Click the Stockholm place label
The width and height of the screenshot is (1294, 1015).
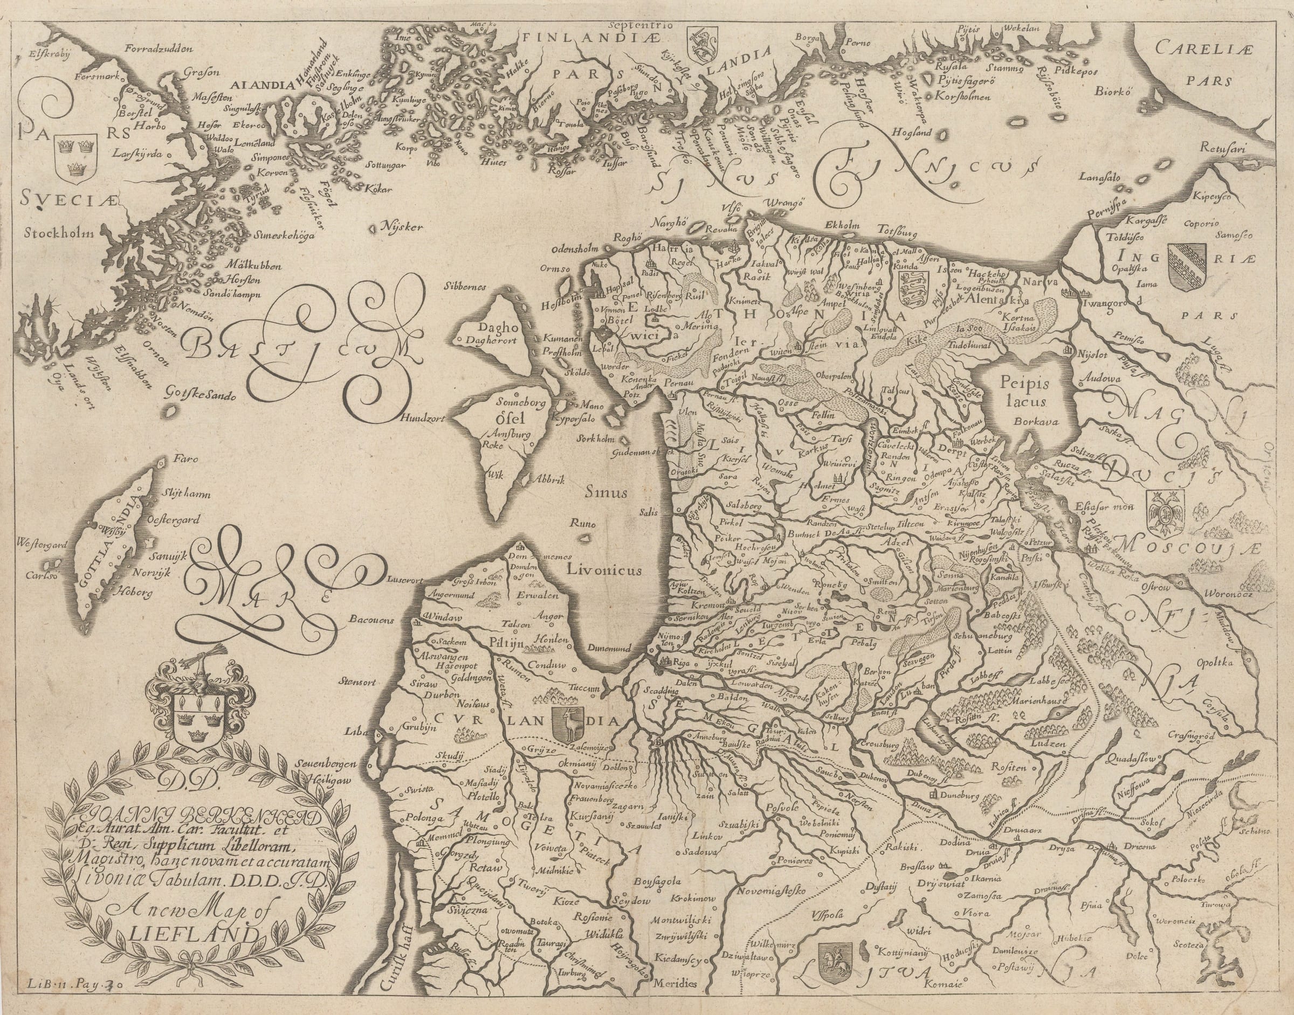pyautogui.click(x=59, y=232)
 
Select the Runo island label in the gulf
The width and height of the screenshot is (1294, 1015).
pyautogui.click(x=582, y=524)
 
